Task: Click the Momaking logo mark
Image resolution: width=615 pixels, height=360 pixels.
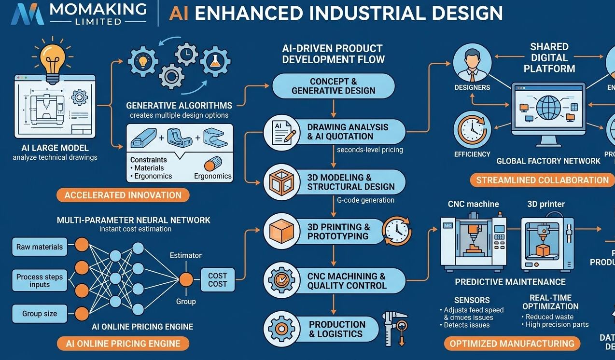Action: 28,14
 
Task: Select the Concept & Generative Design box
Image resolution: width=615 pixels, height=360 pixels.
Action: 333,86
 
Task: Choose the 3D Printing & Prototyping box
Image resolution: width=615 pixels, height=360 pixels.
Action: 338,232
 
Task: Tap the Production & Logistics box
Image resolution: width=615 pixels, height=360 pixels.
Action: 337,329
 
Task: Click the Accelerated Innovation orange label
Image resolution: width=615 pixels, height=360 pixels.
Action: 123,195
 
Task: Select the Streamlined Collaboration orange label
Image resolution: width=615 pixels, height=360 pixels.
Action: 542,180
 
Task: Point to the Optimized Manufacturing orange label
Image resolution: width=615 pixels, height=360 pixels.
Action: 512,344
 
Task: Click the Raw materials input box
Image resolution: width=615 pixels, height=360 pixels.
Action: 39,247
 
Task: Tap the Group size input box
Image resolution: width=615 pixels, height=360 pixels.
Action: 39,314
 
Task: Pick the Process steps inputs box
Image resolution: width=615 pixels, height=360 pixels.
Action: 39,280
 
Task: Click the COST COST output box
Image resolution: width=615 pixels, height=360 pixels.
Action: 217,280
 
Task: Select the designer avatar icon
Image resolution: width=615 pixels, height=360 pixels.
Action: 472,63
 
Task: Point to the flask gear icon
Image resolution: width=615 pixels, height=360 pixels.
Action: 215,61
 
